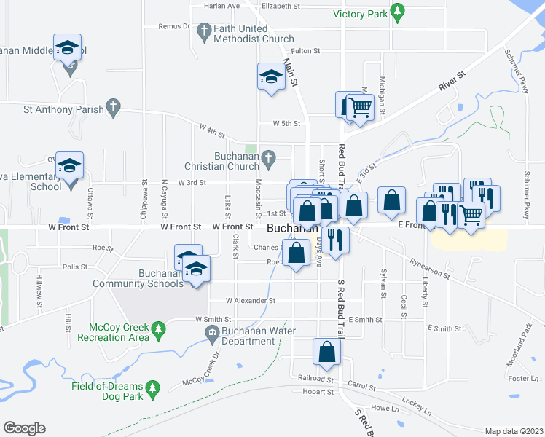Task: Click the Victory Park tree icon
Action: coord(397,12)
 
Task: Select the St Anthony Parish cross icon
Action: coord(112,107)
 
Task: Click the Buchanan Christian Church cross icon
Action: coord(268,157)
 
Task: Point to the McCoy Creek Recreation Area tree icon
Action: coord(157,332)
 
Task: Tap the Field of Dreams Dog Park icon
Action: coord(152,389)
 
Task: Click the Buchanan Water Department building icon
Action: coord(212,334)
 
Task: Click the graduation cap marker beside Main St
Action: coord(270,76)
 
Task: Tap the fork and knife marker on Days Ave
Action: coord(335,240)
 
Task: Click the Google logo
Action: coord(24,428)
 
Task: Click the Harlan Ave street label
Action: coord(222,6)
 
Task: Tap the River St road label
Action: coord(452,80)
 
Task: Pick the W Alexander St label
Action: coord(250,300)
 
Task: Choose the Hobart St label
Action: coord(318,392)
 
